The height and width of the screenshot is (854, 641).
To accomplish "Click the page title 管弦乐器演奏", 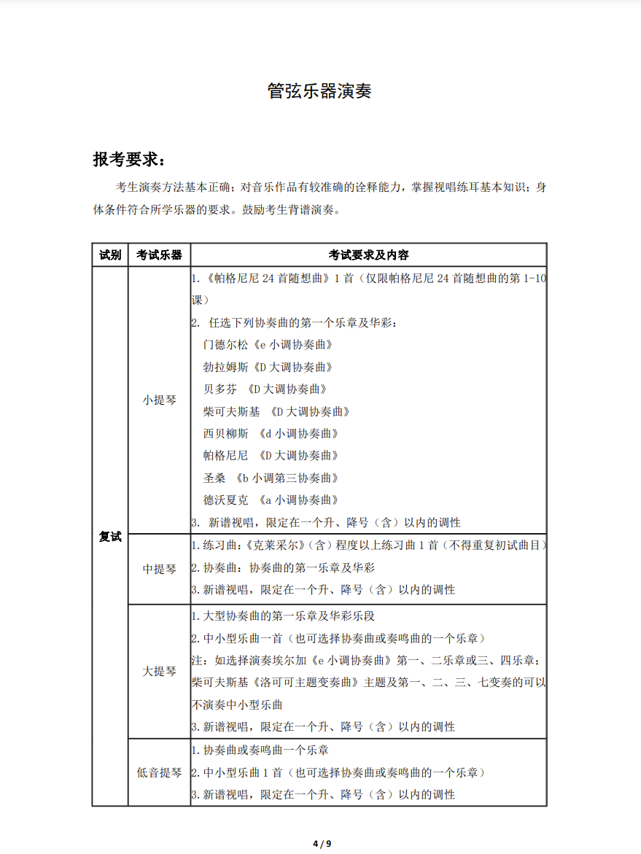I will click(x=320, y=92).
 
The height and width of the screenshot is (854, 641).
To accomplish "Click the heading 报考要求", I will click(x=128, y=159).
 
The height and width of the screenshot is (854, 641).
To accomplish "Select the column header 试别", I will click(x=110, y=255).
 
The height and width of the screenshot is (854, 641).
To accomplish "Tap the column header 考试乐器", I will click(x=159, y=255).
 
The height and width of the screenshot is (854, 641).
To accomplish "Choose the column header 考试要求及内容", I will click(x=368, y=255).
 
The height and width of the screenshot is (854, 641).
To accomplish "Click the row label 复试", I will click(x=110, y=537).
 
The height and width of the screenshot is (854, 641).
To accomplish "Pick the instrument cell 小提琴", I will click(x=159, y=400).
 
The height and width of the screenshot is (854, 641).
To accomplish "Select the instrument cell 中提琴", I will click(x=159, y=569).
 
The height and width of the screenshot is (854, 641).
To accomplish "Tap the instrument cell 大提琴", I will click(x=159, y=671).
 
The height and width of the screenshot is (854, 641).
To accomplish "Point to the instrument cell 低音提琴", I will click(x=159, y=772).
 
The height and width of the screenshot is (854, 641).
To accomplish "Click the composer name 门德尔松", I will click(x=226, y=345).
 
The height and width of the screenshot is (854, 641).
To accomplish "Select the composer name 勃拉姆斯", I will click(x=226, y=367).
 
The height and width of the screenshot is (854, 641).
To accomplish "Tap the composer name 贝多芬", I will click(x=220, y=389).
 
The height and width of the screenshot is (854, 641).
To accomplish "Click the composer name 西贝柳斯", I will click(x=226, y=434).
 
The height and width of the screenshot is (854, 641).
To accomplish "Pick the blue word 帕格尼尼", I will click(x=226, y=456).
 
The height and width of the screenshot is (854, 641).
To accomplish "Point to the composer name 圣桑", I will click(x=214, y=478).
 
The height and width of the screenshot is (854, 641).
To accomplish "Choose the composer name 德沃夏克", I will click(x=226, y=500).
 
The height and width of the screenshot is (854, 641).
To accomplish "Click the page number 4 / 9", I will click(x=321, y=844).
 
